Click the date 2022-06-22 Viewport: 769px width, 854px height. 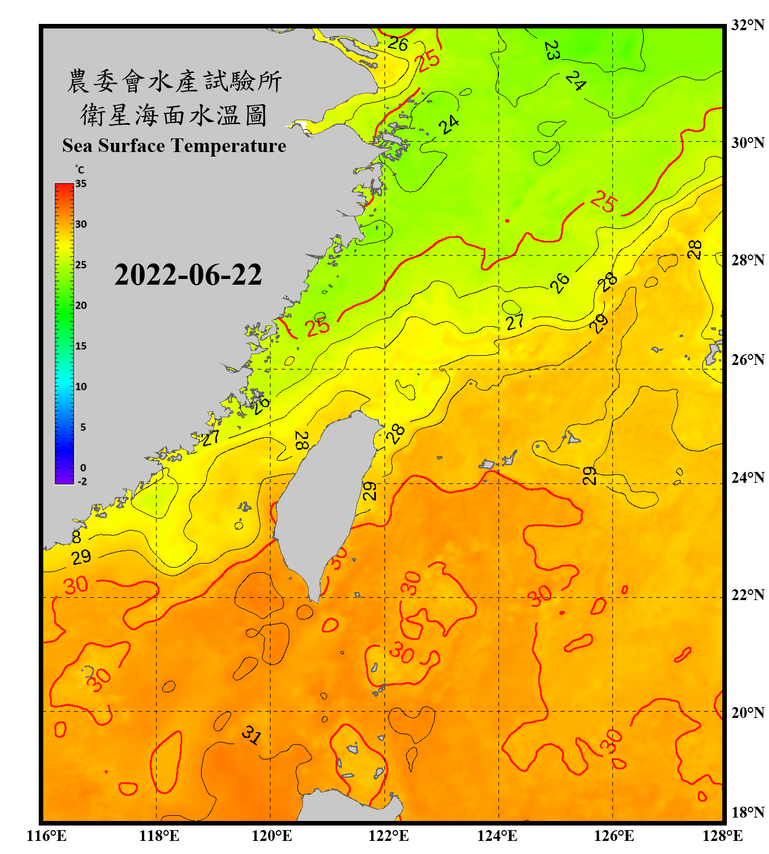click(x=188, y=275)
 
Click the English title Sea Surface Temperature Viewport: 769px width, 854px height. click(x=174, y=146)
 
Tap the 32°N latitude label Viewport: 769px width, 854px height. click(x=747, y=25)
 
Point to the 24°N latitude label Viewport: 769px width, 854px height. click(x=747, y=477)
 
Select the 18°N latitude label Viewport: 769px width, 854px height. click(x=747, y=812)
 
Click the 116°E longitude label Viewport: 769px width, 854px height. click(x=46, y=836)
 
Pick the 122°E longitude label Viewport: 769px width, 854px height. click(x=388, y=836)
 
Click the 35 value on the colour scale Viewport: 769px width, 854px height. click(x=81, y=184)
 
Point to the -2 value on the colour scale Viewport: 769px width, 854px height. click(x=82, y=482)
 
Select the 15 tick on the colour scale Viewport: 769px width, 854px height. click(x=81, y=346)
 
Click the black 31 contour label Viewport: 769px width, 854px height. click(x=251, y=735)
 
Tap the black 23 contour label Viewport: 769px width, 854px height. click(x=551, y=51)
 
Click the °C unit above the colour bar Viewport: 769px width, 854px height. click(x=80, y=170)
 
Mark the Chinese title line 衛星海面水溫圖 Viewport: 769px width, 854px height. click(x=174, y=115)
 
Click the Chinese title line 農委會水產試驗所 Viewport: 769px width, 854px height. click(x=174, y=81)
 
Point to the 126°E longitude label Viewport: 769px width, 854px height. click(x=613, y=836)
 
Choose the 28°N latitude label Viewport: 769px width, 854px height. click(x=747, y=260)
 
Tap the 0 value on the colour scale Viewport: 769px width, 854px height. click(x=83, y=468)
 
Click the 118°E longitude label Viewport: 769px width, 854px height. click(x=159, y=836)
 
